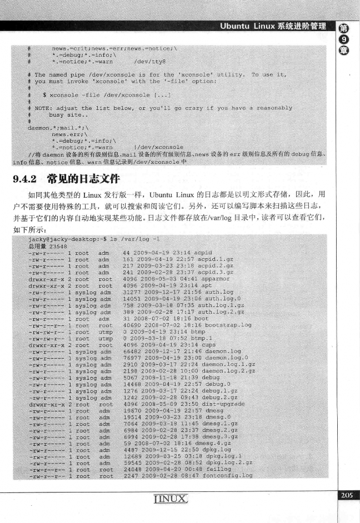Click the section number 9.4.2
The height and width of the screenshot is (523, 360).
(x=26, y=179)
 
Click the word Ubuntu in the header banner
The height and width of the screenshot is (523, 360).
(x=238, y=26)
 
